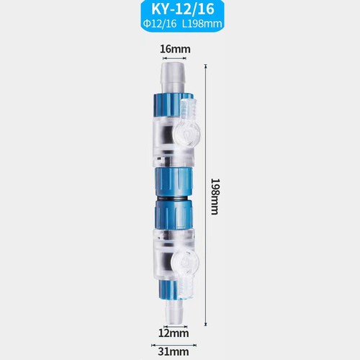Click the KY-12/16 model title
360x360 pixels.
pyautogui.click(x=183, y=9)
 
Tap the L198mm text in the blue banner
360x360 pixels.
pyautogui.click(x=202, y=24)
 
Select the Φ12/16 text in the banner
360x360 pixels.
pyautogui.click(x=160, y=24)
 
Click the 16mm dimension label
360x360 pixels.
pyautogui.click(x=175, y=49)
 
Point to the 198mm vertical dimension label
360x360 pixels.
pyautogui.click(x=215, y=197)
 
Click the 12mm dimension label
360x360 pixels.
pyautogui.click(x=174, y=333)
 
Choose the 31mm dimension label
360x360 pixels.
pyautogui.click(x=174, y=352)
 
